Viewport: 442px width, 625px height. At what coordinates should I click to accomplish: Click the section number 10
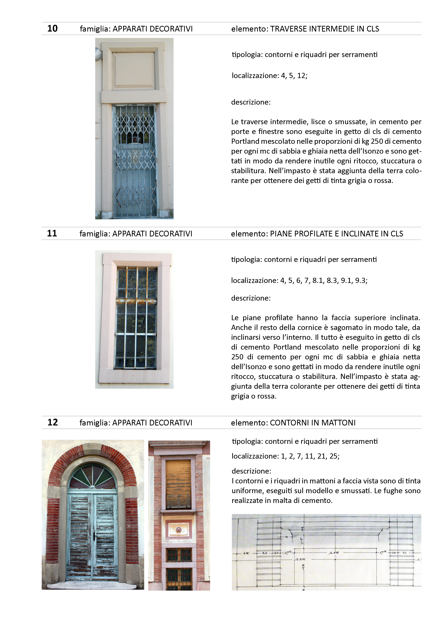click(x=52, y=29)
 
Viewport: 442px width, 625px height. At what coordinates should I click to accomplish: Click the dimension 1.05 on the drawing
click(x=334, y=553)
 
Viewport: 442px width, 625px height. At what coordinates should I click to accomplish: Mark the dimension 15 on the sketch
click(x=286, y=537)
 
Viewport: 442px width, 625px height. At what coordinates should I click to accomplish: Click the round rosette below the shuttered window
click(x=178, y=530)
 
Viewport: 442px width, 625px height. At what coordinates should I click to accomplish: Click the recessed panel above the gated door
click(x=133, y=69)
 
